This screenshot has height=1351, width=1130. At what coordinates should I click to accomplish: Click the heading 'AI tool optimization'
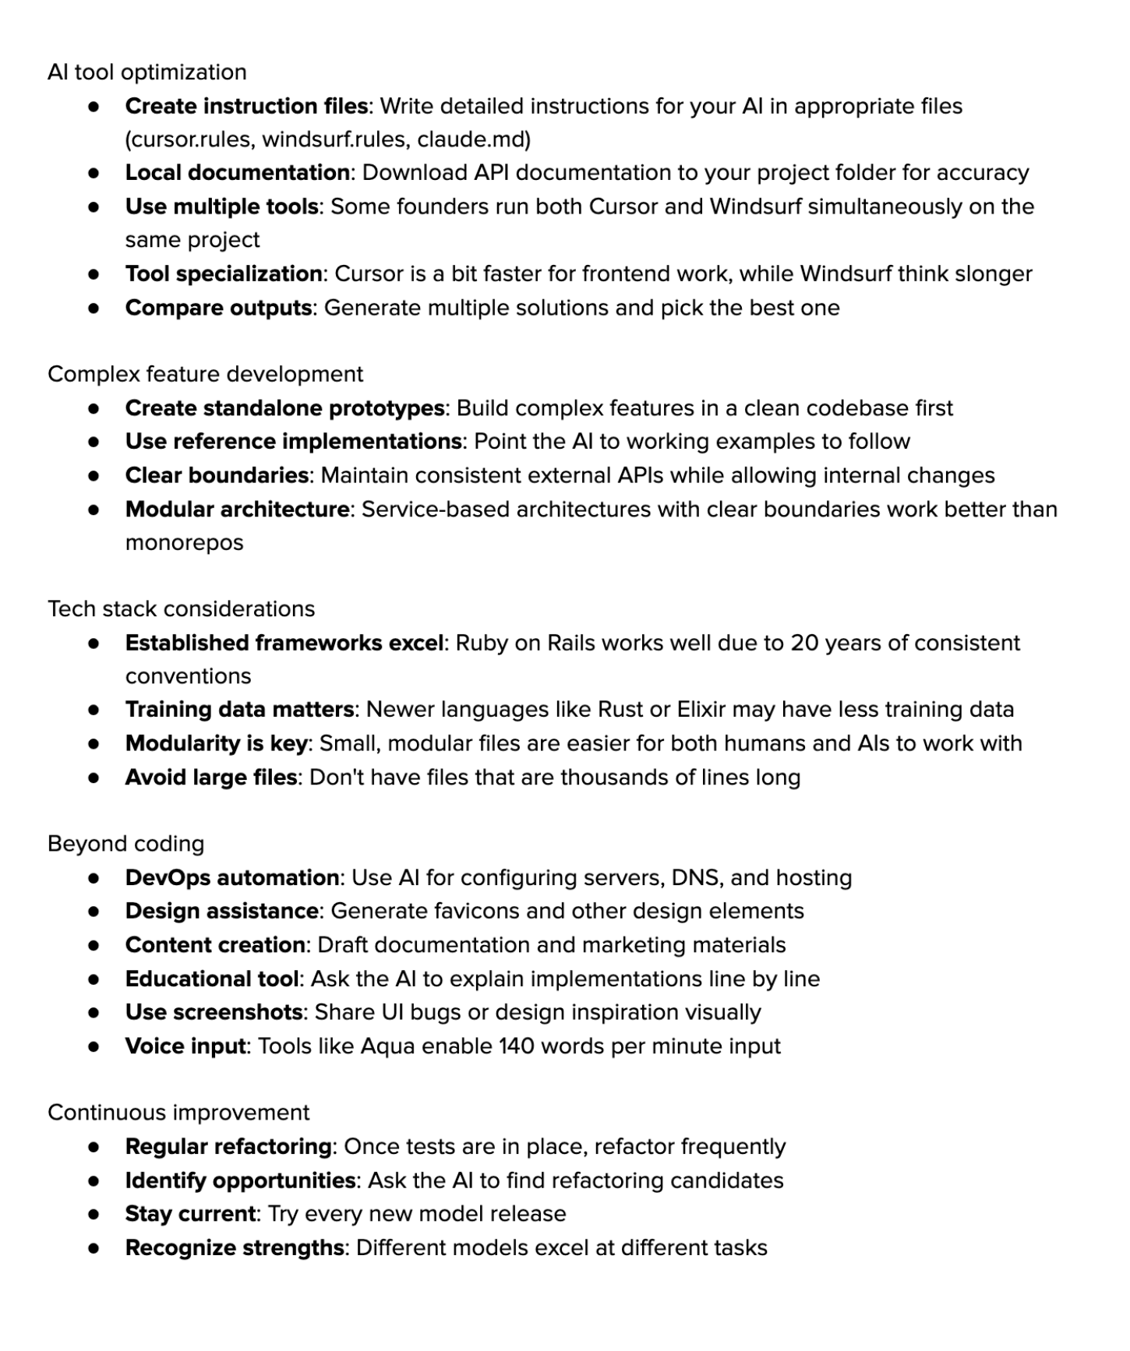click(x=147, y=72)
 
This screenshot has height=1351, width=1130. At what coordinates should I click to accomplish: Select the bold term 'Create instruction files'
click(x=246, y=106)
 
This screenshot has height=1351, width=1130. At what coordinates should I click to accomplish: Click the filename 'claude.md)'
click(x=474, y=139)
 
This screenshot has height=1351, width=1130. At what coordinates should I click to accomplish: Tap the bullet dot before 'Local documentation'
click(x=94, y=173)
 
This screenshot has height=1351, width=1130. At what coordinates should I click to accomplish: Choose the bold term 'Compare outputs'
click(x=218, y=308)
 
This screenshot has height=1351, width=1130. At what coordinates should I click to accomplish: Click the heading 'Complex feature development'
click(x=205, y=375)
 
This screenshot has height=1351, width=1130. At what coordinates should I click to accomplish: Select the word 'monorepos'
click(x=184, y=543)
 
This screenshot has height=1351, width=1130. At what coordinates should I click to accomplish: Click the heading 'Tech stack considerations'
click(x=181, y=609)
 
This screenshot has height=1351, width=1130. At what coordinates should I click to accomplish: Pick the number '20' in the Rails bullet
click(x=804, y=644)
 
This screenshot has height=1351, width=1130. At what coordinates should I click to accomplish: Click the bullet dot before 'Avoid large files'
click(x=94, y=778)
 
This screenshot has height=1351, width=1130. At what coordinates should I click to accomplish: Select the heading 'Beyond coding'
click(x=125, y=844)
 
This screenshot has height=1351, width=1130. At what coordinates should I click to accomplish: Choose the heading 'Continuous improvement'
click(x=178, y=1113)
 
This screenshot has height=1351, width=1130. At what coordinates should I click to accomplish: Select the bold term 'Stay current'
click(x=190, y=1214)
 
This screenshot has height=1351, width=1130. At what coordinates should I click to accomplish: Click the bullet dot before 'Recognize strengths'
click(x=94, y=1248)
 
